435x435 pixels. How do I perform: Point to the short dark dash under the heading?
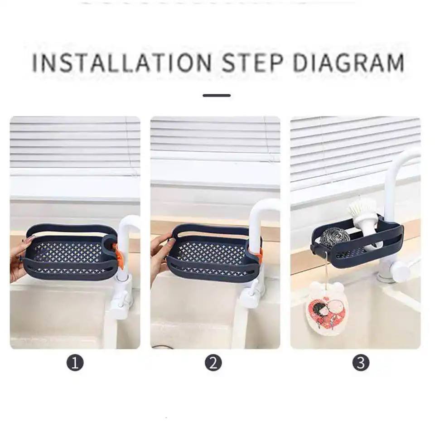coord(217,96)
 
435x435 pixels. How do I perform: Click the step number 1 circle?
coord(75,362)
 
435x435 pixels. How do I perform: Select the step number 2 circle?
coord(213,362)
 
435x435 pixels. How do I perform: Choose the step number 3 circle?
coord(361,362)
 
